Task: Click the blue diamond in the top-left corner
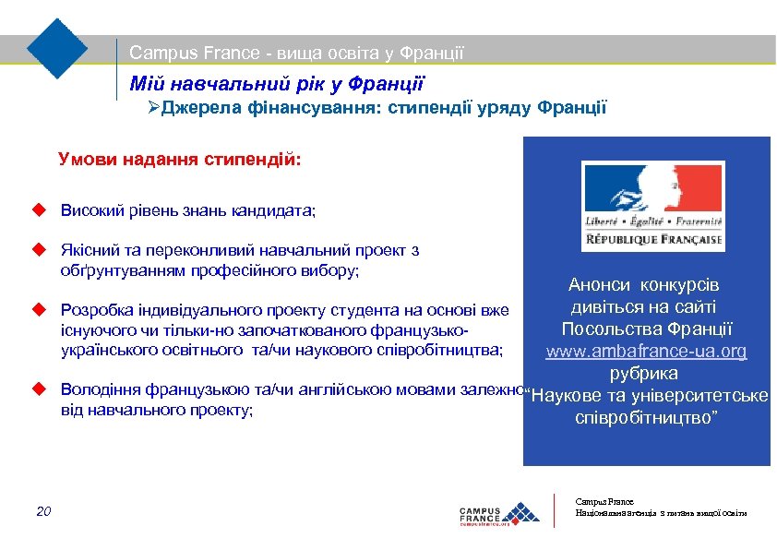point(57,48)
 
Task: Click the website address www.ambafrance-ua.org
point(646,352)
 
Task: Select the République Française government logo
point(651,205)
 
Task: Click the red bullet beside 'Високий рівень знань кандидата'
point(39,210)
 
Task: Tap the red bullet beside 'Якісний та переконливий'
point(39,249)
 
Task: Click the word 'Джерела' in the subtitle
point(198,109)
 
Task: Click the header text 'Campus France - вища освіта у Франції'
point(296,54)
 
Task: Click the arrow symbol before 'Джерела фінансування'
point(154,109)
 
